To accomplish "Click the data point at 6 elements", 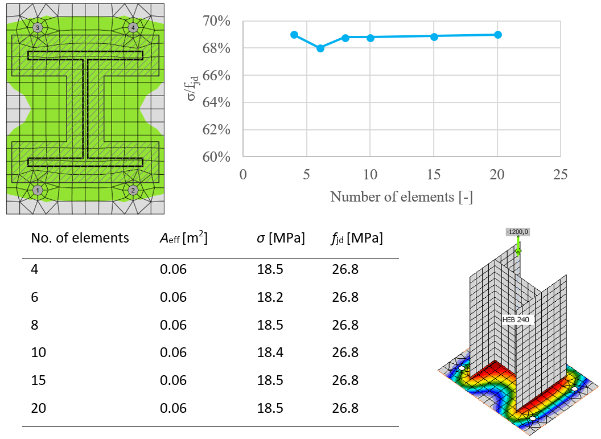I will click(320, 48).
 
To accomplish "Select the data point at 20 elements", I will click(498, 35).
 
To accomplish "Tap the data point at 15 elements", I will click(434, 36).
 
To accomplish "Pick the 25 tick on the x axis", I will click(561, 174).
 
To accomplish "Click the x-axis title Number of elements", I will click(401, 197).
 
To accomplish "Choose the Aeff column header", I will click(183, 238).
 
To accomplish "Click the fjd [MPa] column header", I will click(357, 238).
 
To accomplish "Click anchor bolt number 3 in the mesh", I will click(38, 27).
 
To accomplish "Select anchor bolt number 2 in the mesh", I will click(133, 190).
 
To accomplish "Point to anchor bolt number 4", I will click(133, 27).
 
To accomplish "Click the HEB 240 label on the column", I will click(516, 320).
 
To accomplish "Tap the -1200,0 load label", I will click(517, 232).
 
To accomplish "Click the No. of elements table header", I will click(80, 238).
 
